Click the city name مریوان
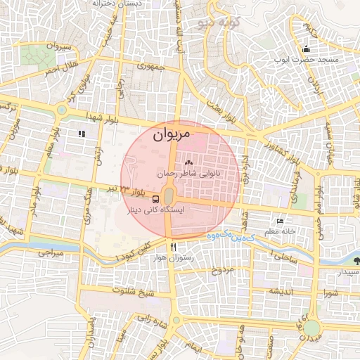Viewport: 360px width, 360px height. click(171, 133)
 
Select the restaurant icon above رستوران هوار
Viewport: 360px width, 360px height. click(173, 247)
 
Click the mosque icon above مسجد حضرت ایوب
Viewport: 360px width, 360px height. click(306, 49)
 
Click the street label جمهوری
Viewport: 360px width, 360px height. click(150, 67)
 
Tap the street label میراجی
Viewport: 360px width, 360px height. click(51, 251)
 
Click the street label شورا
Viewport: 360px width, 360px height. click(333, 291)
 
